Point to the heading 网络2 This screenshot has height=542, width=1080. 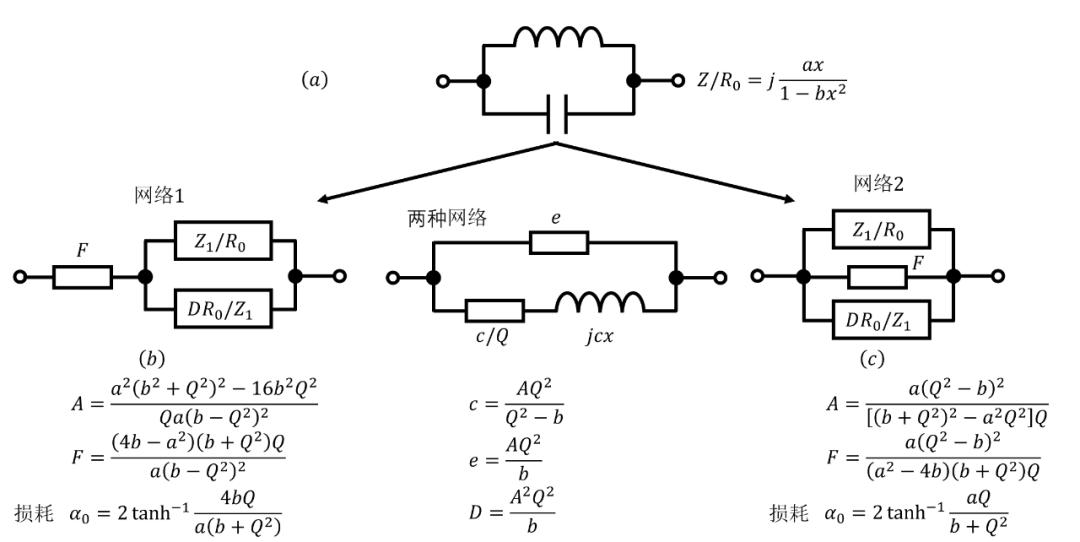tap(878, 184)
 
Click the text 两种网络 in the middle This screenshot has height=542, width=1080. tap(447, 218)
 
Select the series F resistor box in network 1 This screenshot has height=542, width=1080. tap(82, 276)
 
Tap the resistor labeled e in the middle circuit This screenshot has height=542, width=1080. tap(559, 242)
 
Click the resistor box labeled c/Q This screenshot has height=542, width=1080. tap(494, 310)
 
